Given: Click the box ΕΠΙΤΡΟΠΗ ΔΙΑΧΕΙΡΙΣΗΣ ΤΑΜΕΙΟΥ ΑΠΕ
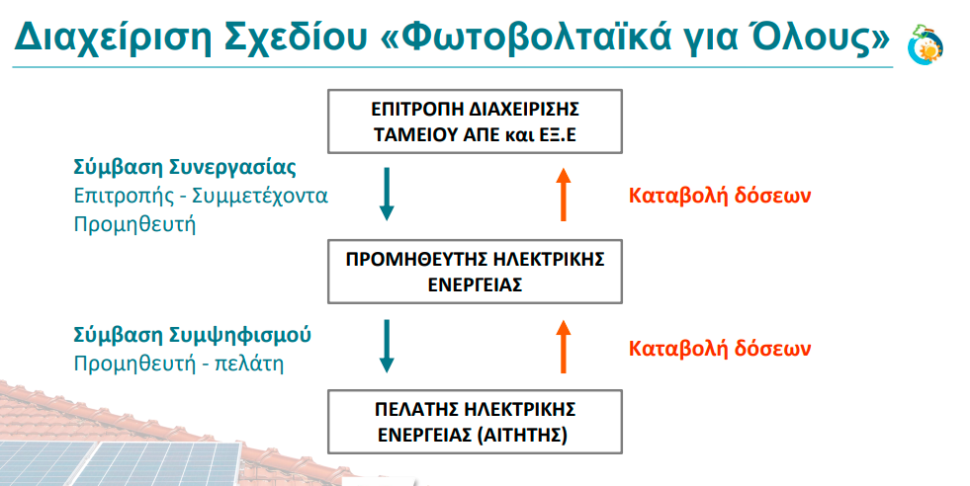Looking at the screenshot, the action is pyautogui.click(x=475, y=121).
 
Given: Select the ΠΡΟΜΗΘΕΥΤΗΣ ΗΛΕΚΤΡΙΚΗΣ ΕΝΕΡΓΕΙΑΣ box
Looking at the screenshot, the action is pyautogui.click(x=475, y=272).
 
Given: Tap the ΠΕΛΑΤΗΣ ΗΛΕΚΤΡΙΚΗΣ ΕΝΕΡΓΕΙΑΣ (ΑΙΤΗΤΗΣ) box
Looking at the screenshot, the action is pyautogui.click(x=475, y=422).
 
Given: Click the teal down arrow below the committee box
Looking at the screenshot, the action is pyautogui.click(x=387, y=194).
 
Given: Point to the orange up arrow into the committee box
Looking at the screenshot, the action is pyautogui.click(x=563, y=194).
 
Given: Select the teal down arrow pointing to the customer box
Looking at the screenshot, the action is pyautogui.click(x=387, y=347).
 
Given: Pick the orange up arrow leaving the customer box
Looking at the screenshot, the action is pyautogui.click(x=563, y=347).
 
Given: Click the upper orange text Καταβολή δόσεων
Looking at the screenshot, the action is pyautogui.click(x=720, y=196).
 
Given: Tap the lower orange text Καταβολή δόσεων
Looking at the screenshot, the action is pyautogui.click(x=720, y=348).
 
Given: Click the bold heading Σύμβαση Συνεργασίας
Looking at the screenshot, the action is pyautogui.click(x=185, y=168).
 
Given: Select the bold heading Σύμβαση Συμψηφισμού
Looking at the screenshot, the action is pyautogui.click(x=193, y=335).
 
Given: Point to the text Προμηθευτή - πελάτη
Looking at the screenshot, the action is pyautogui.click(x=179, y=363).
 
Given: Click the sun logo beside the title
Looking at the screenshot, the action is pyautogui.click(x=926, y=44).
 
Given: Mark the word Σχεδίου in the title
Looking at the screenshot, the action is pyautogui.click(x=296, y=38).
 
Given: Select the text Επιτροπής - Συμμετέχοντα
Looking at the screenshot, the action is pyautogui.click(x=201, y=196).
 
